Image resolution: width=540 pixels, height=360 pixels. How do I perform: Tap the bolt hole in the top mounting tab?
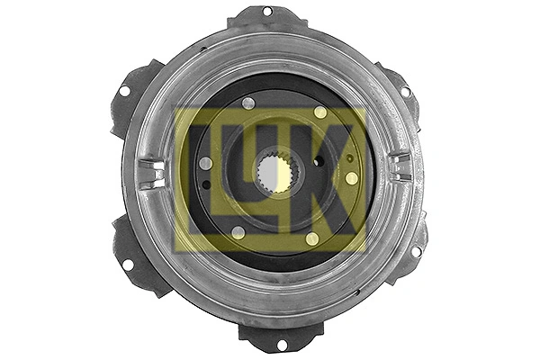(267, 11)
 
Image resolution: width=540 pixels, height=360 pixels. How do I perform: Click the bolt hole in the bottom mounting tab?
(281, 344)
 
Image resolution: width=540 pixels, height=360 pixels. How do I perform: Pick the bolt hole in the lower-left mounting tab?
(126, 265)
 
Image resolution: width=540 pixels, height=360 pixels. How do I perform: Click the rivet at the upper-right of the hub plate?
(320, 112)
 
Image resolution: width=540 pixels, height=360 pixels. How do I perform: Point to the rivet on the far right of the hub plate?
(351, 178)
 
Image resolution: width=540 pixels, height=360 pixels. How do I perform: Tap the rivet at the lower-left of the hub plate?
(237, 232)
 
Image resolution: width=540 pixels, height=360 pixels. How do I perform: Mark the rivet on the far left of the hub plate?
(205, 163)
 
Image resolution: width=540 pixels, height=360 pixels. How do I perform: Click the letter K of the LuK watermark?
(334, 180)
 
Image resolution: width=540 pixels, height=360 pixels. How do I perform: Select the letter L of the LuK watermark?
(202, 180)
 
